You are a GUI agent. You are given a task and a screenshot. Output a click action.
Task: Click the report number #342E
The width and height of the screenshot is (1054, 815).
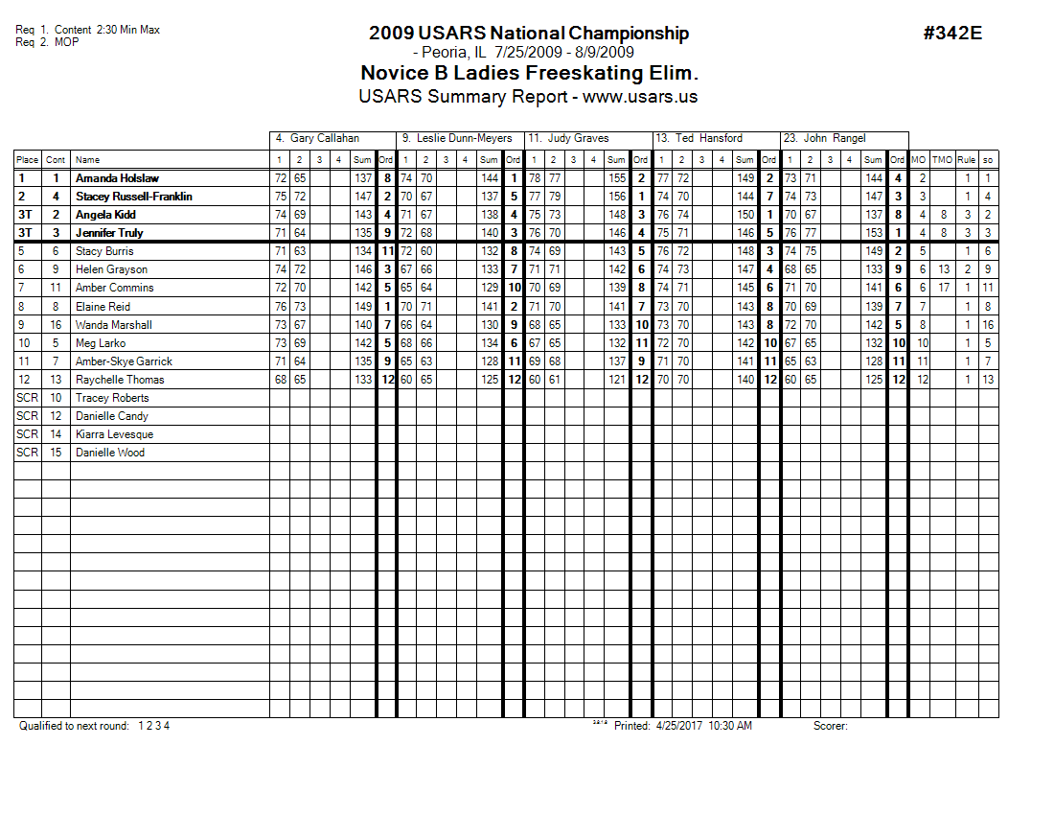[952, 34]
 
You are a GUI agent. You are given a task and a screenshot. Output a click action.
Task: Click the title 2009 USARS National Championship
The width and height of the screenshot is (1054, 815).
[528, 34]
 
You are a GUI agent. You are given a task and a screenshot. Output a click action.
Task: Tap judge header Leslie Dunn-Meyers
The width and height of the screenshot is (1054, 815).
[457, 139]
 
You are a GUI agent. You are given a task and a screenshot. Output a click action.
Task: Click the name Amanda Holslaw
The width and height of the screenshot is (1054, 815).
[117, 178]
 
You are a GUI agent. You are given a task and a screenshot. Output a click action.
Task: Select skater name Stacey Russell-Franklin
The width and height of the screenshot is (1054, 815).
[133, 197]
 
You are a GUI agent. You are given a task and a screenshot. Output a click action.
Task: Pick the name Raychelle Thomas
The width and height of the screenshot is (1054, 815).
[120, 380]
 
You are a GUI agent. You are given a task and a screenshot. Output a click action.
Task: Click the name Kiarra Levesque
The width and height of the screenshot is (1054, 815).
[114, 434]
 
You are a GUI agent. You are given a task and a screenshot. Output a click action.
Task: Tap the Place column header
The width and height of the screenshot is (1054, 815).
[27, 160]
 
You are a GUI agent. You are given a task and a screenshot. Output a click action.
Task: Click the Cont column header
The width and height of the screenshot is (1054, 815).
[56, 160]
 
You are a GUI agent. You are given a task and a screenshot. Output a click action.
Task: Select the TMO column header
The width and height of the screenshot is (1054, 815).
[942, 160]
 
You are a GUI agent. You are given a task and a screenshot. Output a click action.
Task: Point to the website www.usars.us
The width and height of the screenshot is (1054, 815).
[640, 97]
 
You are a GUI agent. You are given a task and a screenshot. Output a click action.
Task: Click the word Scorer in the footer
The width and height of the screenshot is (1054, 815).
[830, 726]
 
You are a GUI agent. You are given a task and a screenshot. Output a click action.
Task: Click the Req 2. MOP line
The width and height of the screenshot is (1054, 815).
[47, 42]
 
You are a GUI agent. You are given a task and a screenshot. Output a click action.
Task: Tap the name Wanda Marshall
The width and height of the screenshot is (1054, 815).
[113, 325]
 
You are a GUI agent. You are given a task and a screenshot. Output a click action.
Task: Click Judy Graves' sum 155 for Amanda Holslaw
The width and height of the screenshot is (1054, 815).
[616, 178]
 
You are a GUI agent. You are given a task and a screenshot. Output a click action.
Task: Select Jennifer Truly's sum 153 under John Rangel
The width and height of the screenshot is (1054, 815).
[873, 233]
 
